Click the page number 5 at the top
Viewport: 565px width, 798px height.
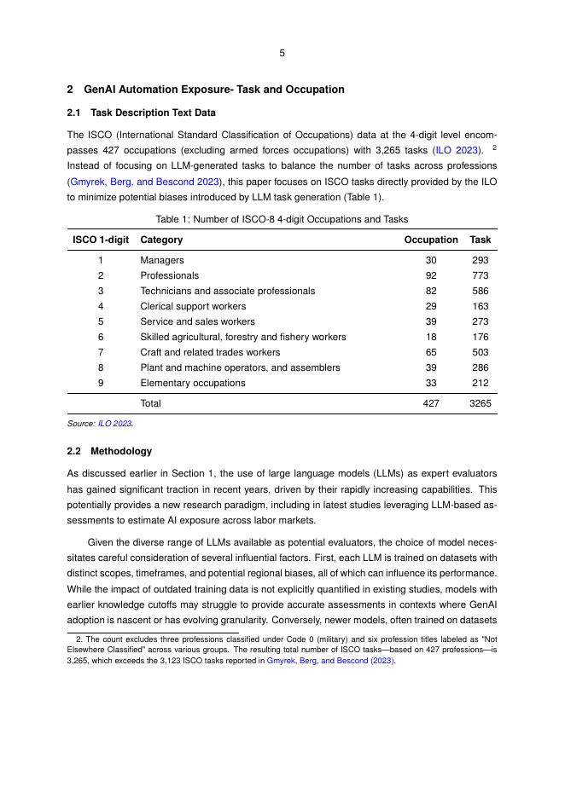282,53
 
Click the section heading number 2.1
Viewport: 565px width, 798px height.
75,113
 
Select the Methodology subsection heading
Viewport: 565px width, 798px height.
121,451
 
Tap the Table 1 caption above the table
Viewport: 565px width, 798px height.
282,219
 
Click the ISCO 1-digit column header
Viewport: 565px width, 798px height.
100,240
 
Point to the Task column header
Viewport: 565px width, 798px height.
481,240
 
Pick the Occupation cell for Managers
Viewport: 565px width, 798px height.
431,260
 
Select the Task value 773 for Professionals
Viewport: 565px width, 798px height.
481,275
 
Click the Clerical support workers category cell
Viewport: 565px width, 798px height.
193,306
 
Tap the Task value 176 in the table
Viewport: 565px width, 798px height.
481,337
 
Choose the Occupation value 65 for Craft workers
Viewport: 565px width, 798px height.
431,352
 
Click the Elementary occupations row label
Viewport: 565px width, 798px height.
193,383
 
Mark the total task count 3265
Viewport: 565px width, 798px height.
481,403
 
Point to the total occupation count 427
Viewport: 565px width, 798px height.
431,403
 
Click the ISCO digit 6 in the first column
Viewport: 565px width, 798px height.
100,337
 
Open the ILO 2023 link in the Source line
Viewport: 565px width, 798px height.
115,423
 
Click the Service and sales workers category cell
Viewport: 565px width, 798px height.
197,321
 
